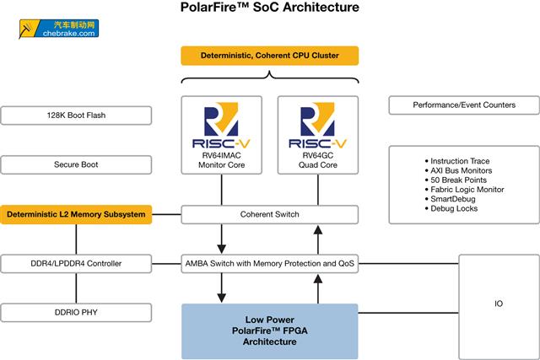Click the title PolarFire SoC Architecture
(x=269, y=8)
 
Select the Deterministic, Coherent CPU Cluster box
(x=269, y=56)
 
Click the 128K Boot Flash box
(x=76, y=116)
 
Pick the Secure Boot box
(x=76, y=164)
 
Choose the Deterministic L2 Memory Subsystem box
(x=76, y=214)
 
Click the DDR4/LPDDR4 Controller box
(x=76, y=263)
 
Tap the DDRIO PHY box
(x=76, y=313)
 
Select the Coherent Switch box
(x=269, y=214)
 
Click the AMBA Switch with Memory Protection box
(x=269, y=263)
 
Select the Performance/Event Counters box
(x=463, y=105)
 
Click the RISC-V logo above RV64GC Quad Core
(x=317, y=122)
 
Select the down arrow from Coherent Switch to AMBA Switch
(x=221, y=239)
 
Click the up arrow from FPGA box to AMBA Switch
(x=317, y=288)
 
